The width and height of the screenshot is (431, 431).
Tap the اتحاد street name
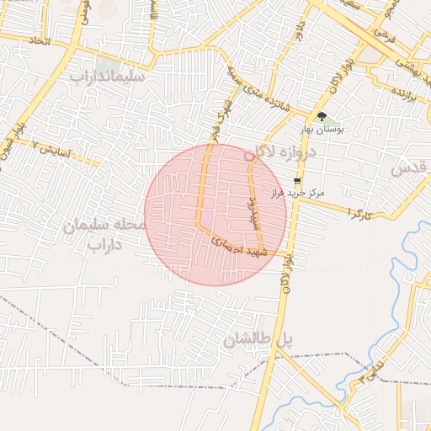tap(40, 40)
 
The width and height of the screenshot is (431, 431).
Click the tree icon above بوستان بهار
tap(322, 116)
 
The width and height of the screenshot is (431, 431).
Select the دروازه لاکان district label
tap(279, 153)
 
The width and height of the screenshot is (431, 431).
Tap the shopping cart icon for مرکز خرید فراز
tap(297, 180)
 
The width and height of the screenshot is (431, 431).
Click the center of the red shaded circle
tap(215, 215)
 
